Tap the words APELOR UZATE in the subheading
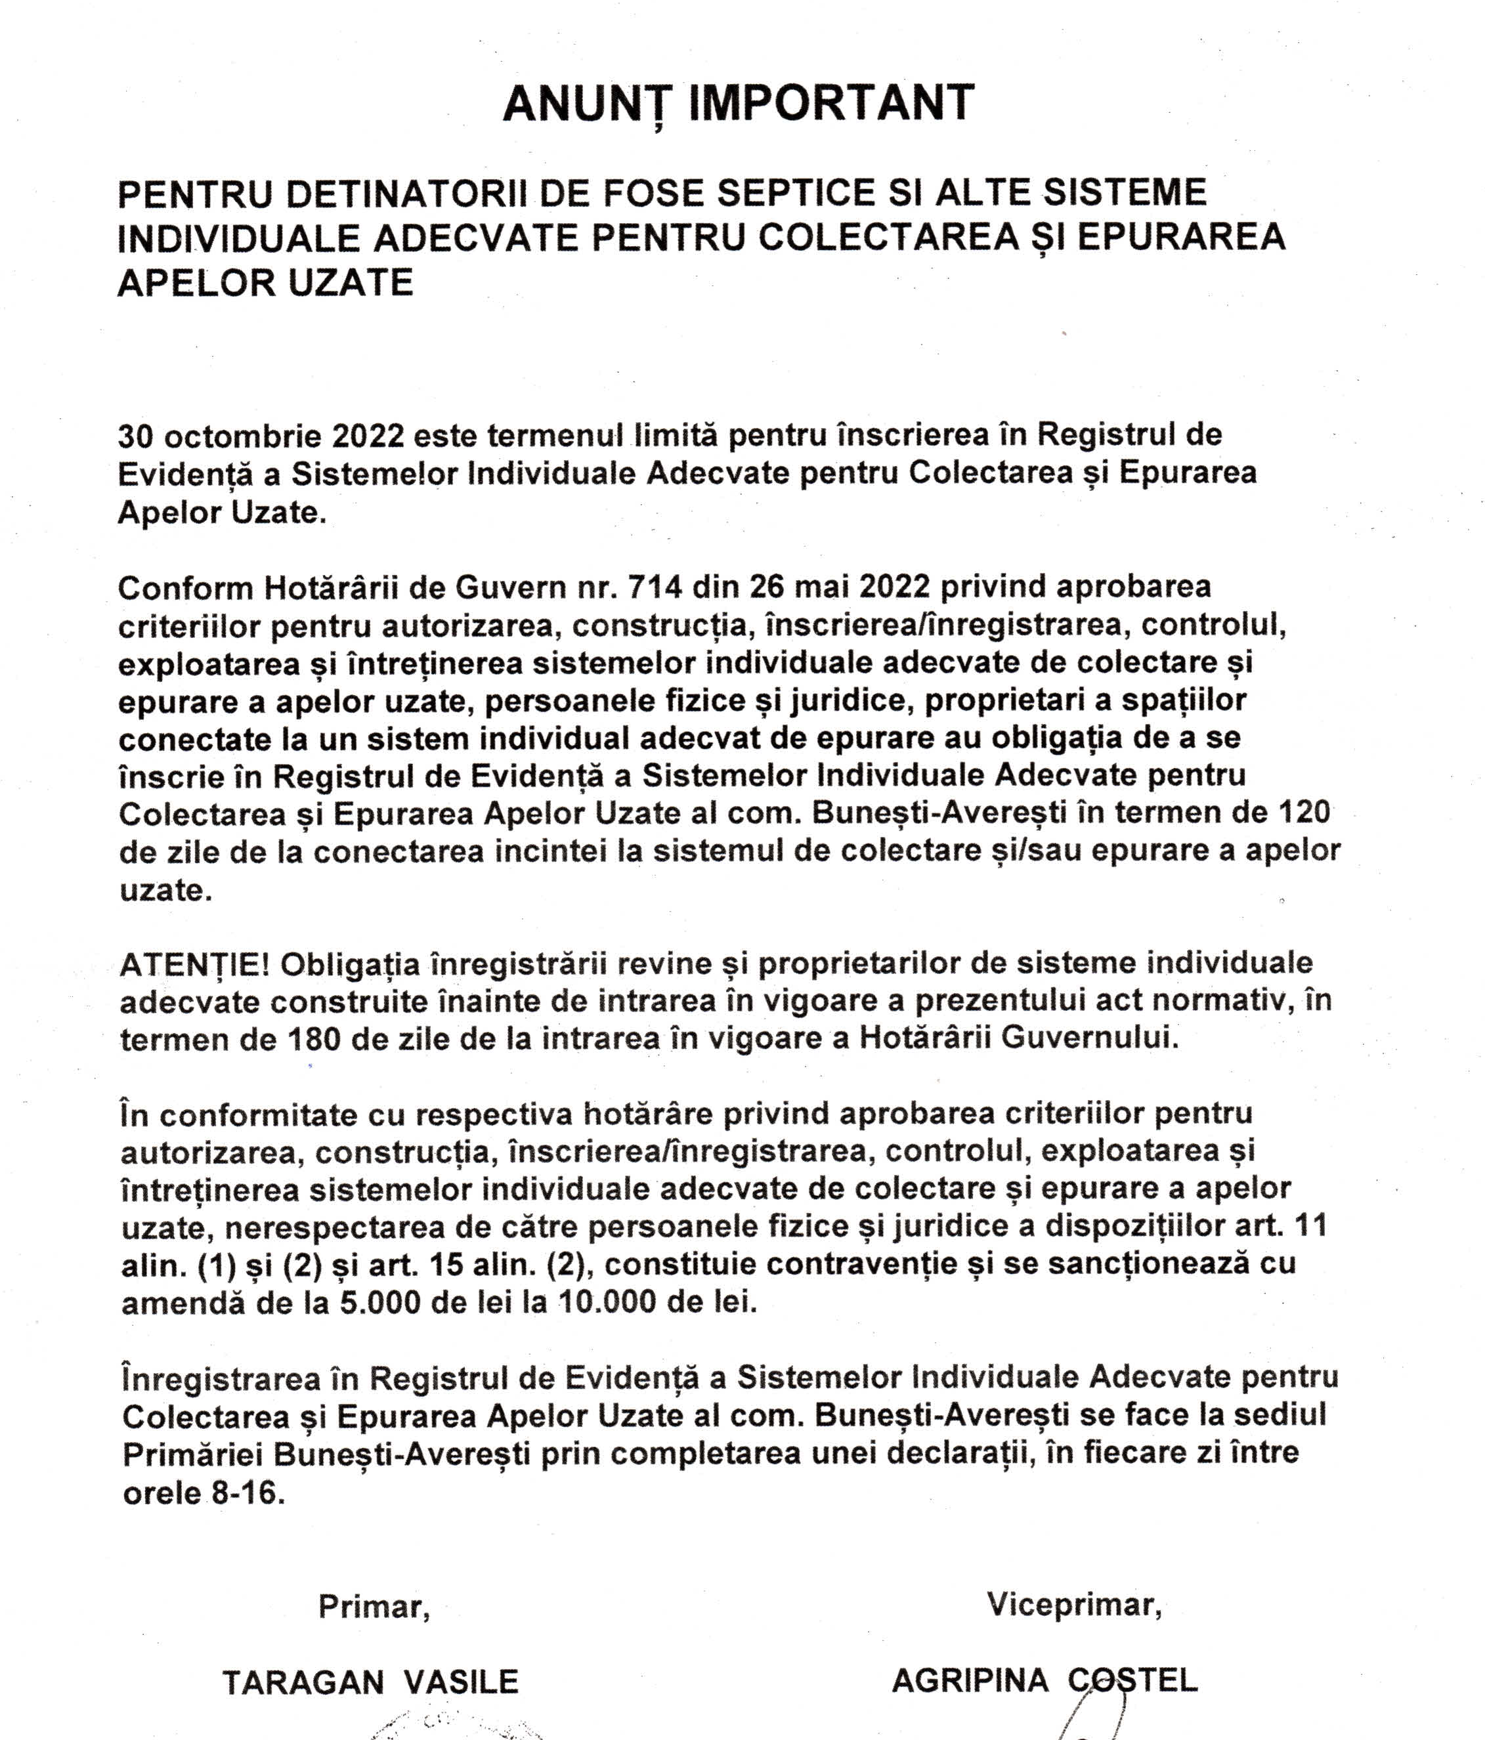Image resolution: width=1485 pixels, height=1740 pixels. point(265,283)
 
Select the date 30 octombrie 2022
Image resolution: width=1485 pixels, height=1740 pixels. point(261,436)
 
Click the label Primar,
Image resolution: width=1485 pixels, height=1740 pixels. point(374,1607)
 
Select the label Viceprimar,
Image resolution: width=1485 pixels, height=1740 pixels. point(1074,1604)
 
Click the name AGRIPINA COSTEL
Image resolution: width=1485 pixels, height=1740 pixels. point(1044,1680)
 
